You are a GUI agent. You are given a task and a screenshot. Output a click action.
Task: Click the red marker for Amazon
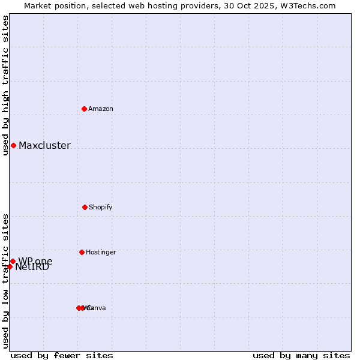click(x=84, y=109)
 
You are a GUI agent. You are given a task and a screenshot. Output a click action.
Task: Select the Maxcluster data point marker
click(x=13, y=145)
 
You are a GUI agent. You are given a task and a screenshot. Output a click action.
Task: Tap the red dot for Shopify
click(x=85, y=207)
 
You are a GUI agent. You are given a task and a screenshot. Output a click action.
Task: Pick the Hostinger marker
click(x=82, y=252)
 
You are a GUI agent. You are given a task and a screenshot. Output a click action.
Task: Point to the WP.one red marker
click(x=13, y=261)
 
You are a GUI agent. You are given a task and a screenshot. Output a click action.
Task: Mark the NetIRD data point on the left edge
click(x=10, y=266)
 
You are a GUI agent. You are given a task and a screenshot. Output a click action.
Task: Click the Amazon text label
click(x=101, y=109)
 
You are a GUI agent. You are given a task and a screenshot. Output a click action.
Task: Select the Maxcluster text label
click(x=44, y=145)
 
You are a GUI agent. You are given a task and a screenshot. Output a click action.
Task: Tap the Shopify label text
click(x=101, y=207)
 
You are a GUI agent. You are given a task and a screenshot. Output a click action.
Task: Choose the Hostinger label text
click(x=101, y=252)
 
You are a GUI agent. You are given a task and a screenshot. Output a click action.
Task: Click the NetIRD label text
click(x=32, y=268)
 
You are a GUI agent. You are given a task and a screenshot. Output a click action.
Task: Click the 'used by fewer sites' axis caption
click(x=62, y=355)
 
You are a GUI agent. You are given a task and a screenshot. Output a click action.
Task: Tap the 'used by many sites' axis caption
click(x=301, y=355)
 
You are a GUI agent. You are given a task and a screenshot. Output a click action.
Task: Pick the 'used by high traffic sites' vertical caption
click(x=5, y=85)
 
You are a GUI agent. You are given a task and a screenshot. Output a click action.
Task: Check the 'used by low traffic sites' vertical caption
click(x=5, y=281)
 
